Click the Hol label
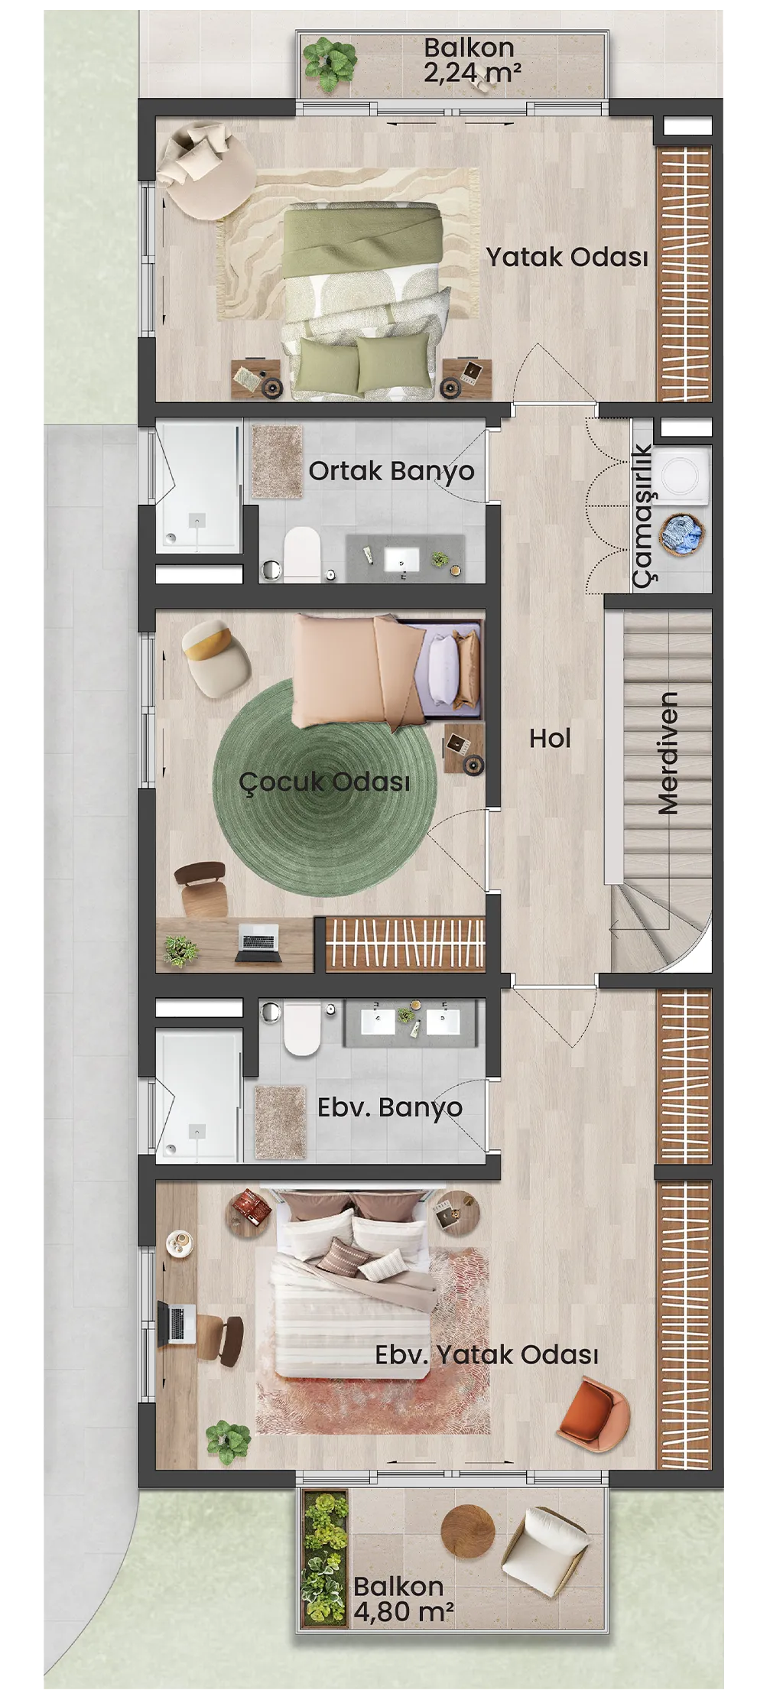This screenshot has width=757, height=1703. coord(550,738)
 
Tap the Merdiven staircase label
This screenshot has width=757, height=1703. coord(668,753)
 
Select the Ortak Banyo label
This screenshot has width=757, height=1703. coord(391,471)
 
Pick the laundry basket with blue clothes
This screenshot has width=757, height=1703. coord(683,534)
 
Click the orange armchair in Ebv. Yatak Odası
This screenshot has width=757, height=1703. coord(593,1413)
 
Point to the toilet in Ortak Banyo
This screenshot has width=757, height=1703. coord(301,554)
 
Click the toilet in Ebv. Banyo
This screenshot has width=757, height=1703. coord(301,1028)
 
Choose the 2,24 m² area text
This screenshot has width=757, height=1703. coord(473,73)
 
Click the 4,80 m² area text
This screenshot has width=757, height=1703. coord(403,1612)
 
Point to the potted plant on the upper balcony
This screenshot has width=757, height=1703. coord(330,64)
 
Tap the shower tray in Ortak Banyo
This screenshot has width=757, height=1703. coord(199,488)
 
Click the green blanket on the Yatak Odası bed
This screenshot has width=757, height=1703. coord(362,239)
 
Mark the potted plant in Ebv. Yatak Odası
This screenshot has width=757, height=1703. coord(228,1441)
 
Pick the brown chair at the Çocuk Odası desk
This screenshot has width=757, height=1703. coord(202,887)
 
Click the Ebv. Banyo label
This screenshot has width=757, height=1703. coord(389,1107)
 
